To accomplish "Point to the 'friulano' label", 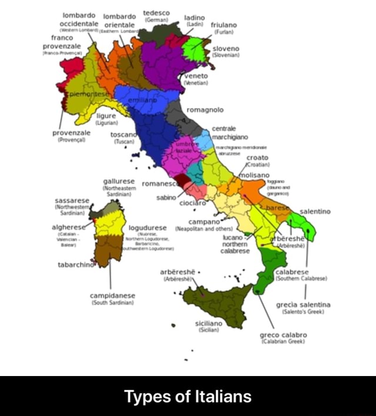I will (x=223, y=26).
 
